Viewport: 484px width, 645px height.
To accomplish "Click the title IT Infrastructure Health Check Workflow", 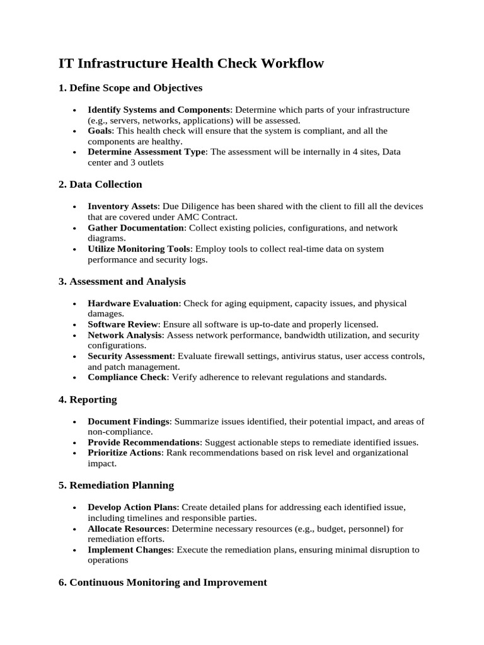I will point(191,64).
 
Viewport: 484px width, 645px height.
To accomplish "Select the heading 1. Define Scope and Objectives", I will point(130,88).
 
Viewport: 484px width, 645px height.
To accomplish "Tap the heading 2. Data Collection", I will point(100,185).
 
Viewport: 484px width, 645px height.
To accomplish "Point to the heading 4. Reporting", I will point(88,399).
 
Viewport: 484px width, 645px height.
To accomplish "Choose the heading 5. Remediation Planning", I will point(116,486).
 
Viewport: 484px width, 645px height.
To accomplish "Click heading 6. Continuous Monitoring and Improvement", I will point(163,583).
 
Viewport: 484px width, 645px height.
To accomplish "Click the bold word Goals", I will point(100,131).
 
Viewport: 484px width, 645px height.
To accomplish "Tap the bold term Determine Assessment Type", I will point(147,152).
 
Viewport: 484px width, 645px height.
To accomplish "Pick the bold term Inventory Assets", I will point(123,207).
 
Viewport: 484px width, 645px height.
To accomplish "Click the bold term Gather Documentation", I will point(135,228).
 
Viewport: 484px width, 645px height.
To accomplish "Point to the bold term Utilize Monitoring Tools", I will point(138,249).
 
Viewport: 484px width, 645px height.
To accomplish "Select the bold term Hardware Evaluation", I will point(133,304).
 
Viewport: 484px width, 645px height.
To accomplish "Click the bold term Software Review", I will point(123,325).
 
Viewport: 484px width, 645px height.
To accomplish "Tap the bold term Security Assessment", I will point(130,357).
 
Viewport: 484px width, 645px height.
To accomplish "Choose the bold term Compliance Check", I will point(127,377).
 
